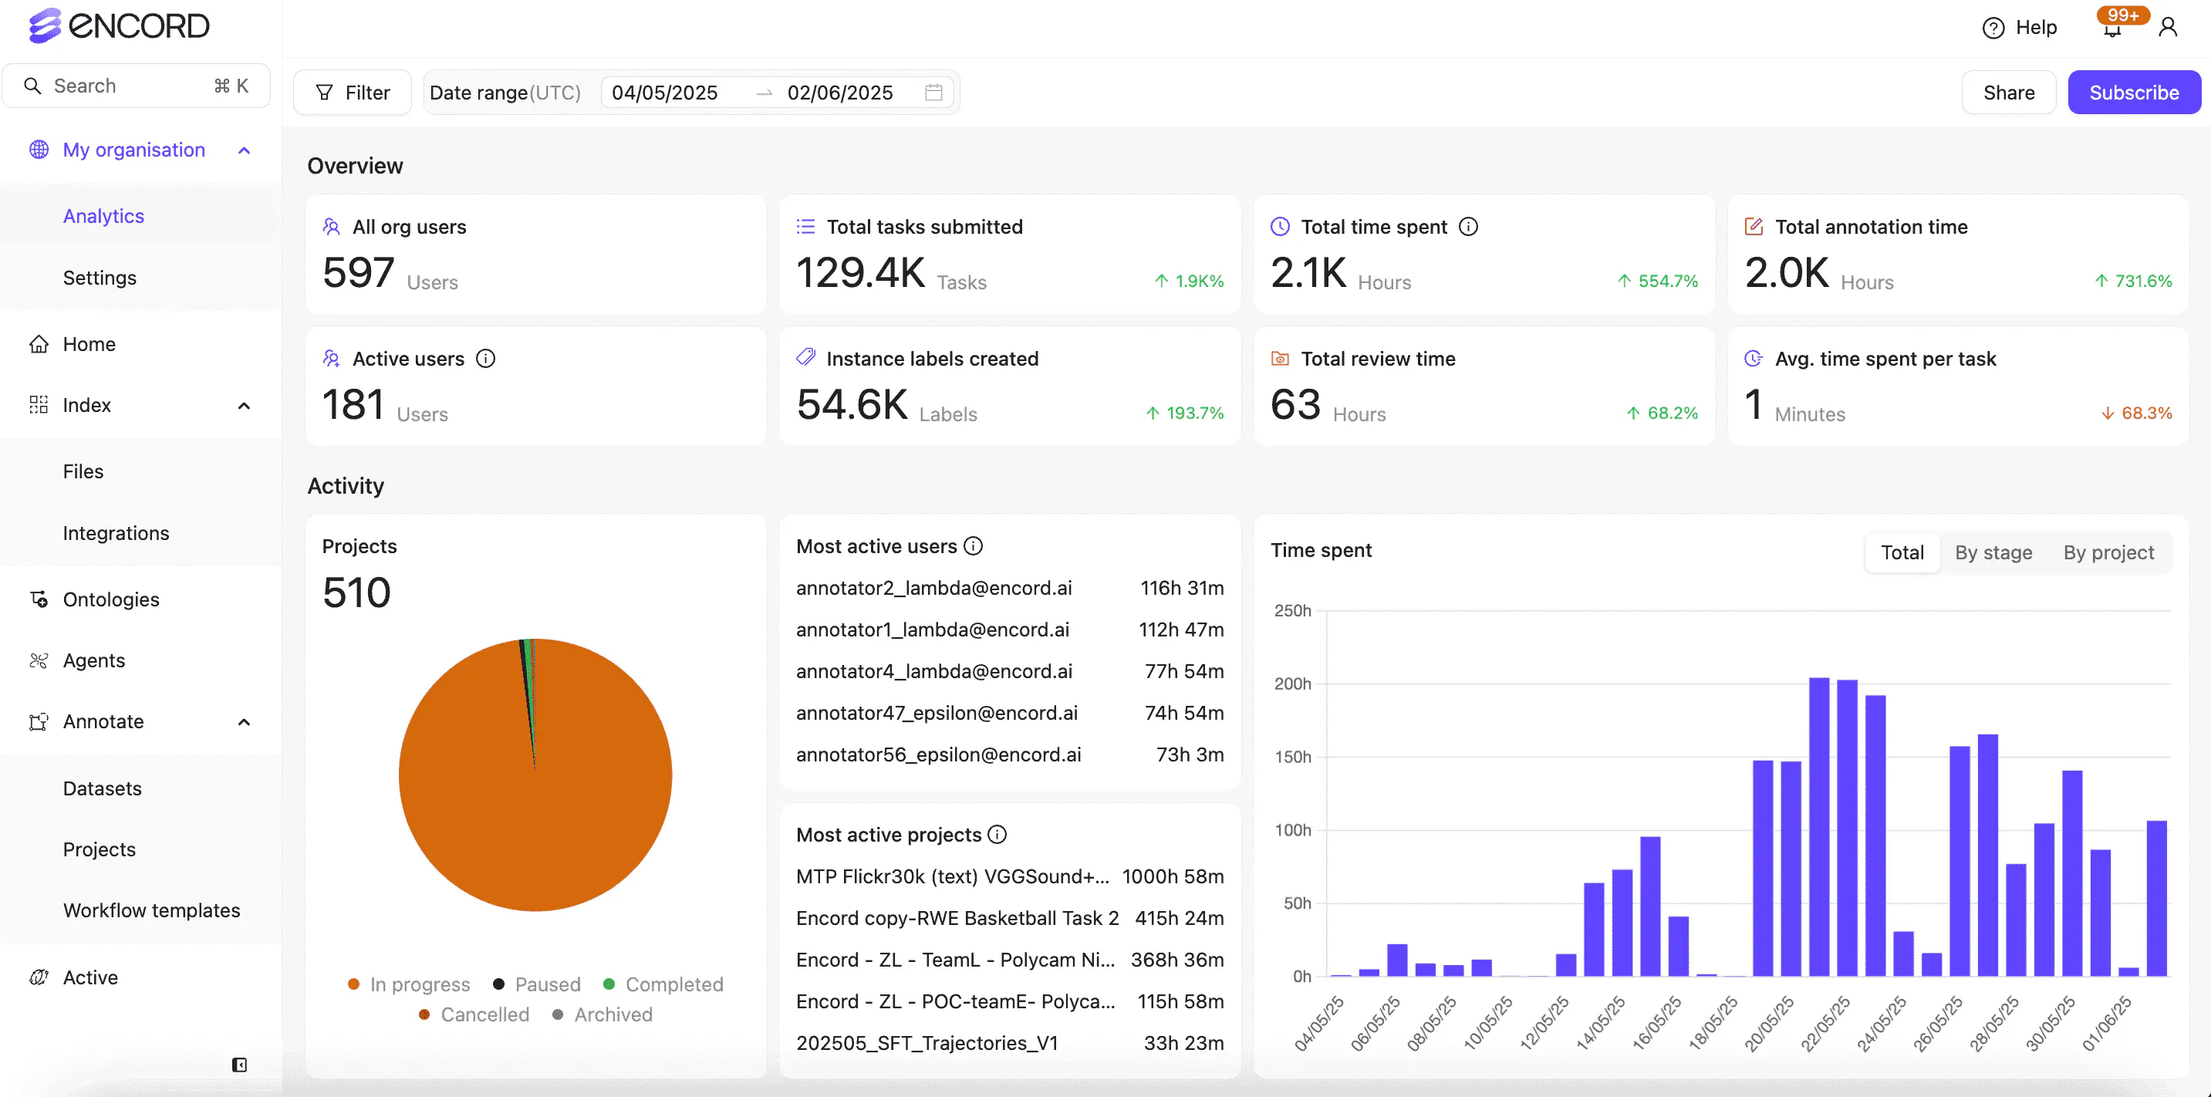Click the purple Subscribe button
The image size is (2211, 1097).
(x=2133, y=93)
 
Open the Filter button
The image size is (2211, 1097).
(x=352, y=93)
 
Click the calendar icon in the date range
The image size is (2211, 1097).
(x=933, y=93)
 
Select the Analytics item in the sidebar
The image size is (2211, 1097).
(x=103, y=216)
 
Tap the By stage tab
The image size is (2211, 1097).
(x=1992, y=553)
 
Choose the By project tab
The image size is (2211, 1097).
(x=2107, y=553)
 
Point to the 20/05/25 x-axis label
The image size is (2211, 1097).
(x=1770, y=1022)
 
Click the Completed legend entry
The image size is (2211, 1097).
(x=673, y=984)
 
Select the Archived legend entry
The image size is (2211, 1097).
(x=612, y=1014)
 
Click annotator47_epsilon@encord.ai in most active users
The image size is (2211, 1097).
(x=936, y=713)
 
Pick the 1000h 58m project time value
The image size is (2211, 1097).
(x=1172, y=876)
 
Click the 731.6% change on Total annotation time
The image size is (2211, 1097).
(x=2142, y=281)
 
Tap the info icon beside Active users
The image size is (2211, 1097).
(x=486, y=359)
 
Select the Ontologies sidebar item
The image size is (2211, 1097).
(x=111, y=599)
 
